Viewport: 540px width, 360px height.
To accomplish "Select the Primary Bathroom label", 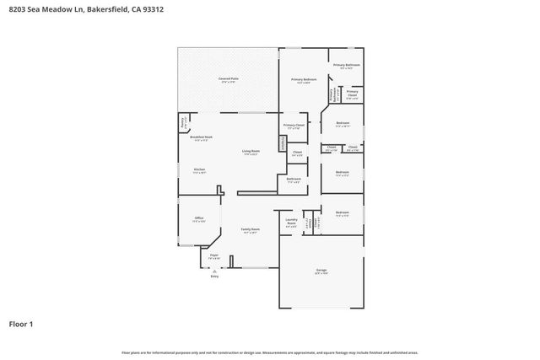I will click(346, 65).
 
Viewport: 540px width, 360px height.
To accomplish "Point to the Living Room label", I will click(251, 151).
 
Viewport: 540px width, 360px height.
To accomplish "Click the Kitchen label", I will click(199, 169).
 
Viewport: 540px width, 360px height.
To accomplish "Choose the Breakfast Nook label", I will click(201, 137).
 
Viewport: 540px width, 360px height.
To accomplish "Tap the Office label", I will click(199, 218).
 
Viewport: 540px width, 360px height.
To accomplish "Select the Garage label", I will click(321, 271).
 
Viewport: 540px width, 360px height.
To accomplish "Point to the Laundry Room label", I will click(291, 223).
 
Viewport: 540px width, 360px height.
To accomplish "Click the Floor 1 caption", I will click(21, 324).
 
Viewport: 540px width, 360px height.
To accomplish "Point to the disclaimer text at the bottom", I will click(269, 352).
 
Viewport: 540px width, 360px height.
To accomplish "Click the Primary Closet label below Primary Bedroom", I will click(294, 126).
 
